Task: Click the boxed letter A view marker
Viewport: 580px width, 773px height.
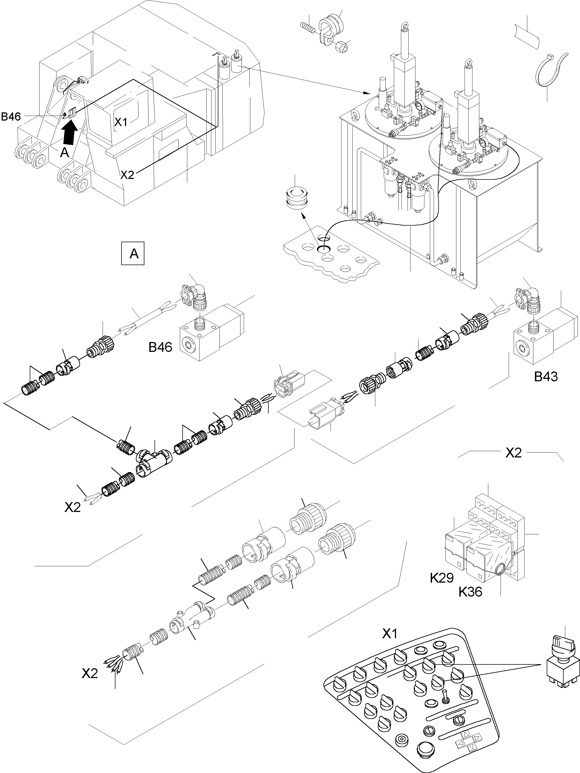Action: coord(132,253)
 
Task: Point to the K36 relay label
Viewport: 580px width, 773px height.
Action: coord(470,592)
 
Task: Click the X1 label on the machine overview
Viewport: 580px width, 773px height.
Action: coord(121,122)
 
